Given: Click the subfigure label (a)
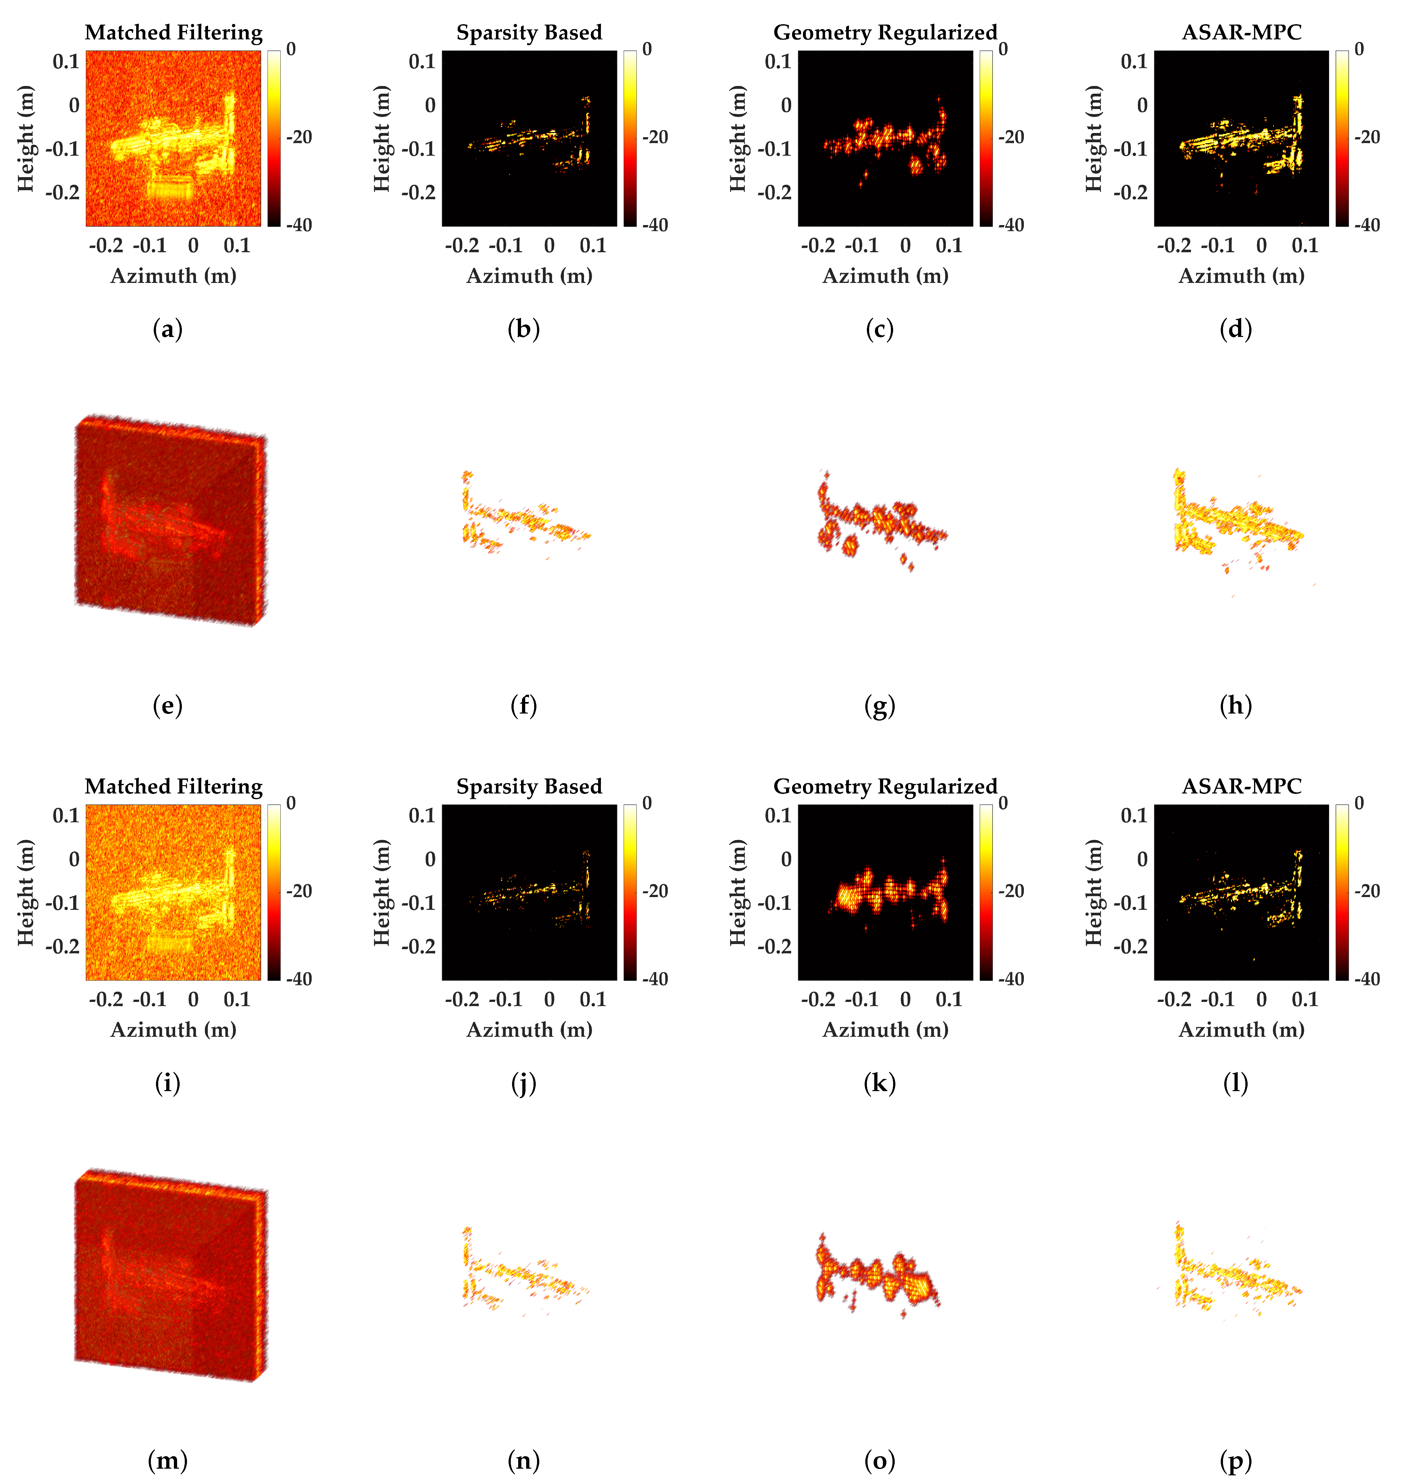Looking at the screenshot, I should click(167, 330).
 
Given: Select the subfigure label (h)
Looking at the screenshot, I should click(1235, 705).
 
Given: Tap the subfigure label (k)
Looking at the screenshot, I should click(880, 1083).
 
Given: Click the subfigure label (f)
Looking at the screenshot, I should click(523, 705).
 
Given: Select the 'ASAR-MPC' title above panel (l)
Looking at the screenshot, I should click(1241, 786).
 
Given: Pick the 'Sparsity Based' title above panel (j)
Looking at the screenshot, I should click(529, 786).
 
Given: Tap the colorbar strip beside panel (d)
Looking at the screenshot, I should click(1342, 138).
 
